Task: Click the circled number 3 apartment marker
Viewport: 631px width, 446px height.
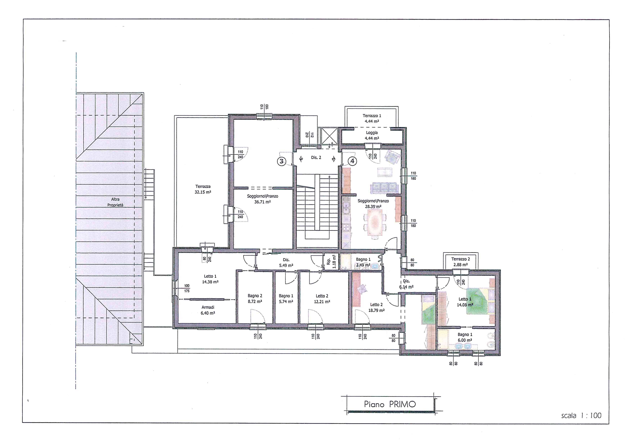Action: coord(281,161)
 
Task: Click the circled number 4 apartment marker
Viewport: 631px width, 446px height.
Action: coord(352,161)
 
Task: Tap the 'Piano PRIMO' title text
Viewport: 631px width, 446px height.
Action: coord(390,404)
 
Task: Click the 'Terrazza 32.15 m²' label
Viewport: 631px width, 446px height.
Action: coord(203,189)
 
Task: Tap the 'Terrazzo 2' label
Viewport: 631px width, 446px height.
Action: coord(461,259)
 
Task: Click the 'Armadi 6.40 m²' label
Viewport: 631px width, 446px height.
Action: coord(208,310)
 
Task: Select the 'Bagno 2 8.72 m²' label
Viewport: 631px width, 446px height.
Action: coord(255,299)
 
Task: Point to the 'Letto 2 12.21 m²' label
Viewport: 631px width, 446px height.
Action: coord(322,299)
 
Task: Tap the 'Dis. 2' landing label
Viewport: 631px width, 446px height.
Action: coord(316,158)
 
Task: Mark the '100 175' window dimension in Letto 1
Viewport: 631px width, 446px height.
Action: coord(187,288)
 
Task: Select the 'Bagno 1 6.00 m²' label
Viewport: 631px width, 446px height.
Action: coord(465,337)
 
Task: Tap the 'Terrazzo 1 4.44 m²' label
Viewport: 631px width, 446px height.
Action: coord(372,118)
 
